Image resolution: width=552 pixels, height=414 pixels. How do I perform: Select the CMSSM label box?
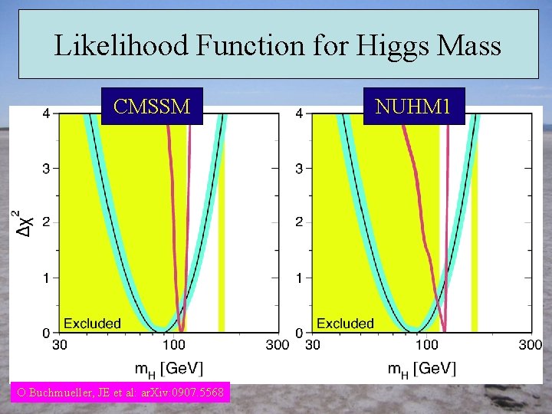152,107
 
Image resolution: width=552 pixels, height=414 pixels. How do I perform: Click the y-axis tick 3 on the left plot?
45,168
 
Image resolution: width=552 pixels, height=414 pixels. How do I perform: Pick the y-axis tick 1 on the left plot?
45,278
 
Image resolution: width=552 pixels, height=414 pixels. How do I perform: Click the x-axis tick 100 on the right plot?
427,345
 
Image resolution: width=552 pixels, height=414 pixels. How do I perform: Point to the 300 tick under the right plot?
530,345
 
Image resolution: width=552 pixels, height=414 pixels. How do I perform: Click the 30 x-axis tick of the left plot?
59,345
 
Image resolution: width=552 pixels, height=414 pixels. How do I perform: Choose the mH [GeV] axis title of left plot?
169,369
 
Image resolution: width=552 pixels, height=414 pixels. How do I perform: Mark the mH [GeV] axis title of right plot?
422,369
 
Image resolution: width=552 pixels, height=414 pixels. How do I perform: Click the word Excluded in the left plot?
92,323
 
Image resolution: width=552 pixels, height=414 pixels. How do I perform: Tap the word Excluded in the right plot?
345,323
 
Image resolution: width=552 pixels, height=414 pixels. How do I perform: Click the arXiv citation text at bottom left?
120,393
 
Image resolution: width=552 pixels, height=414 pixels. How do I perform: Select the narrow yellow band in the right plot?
475,222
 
